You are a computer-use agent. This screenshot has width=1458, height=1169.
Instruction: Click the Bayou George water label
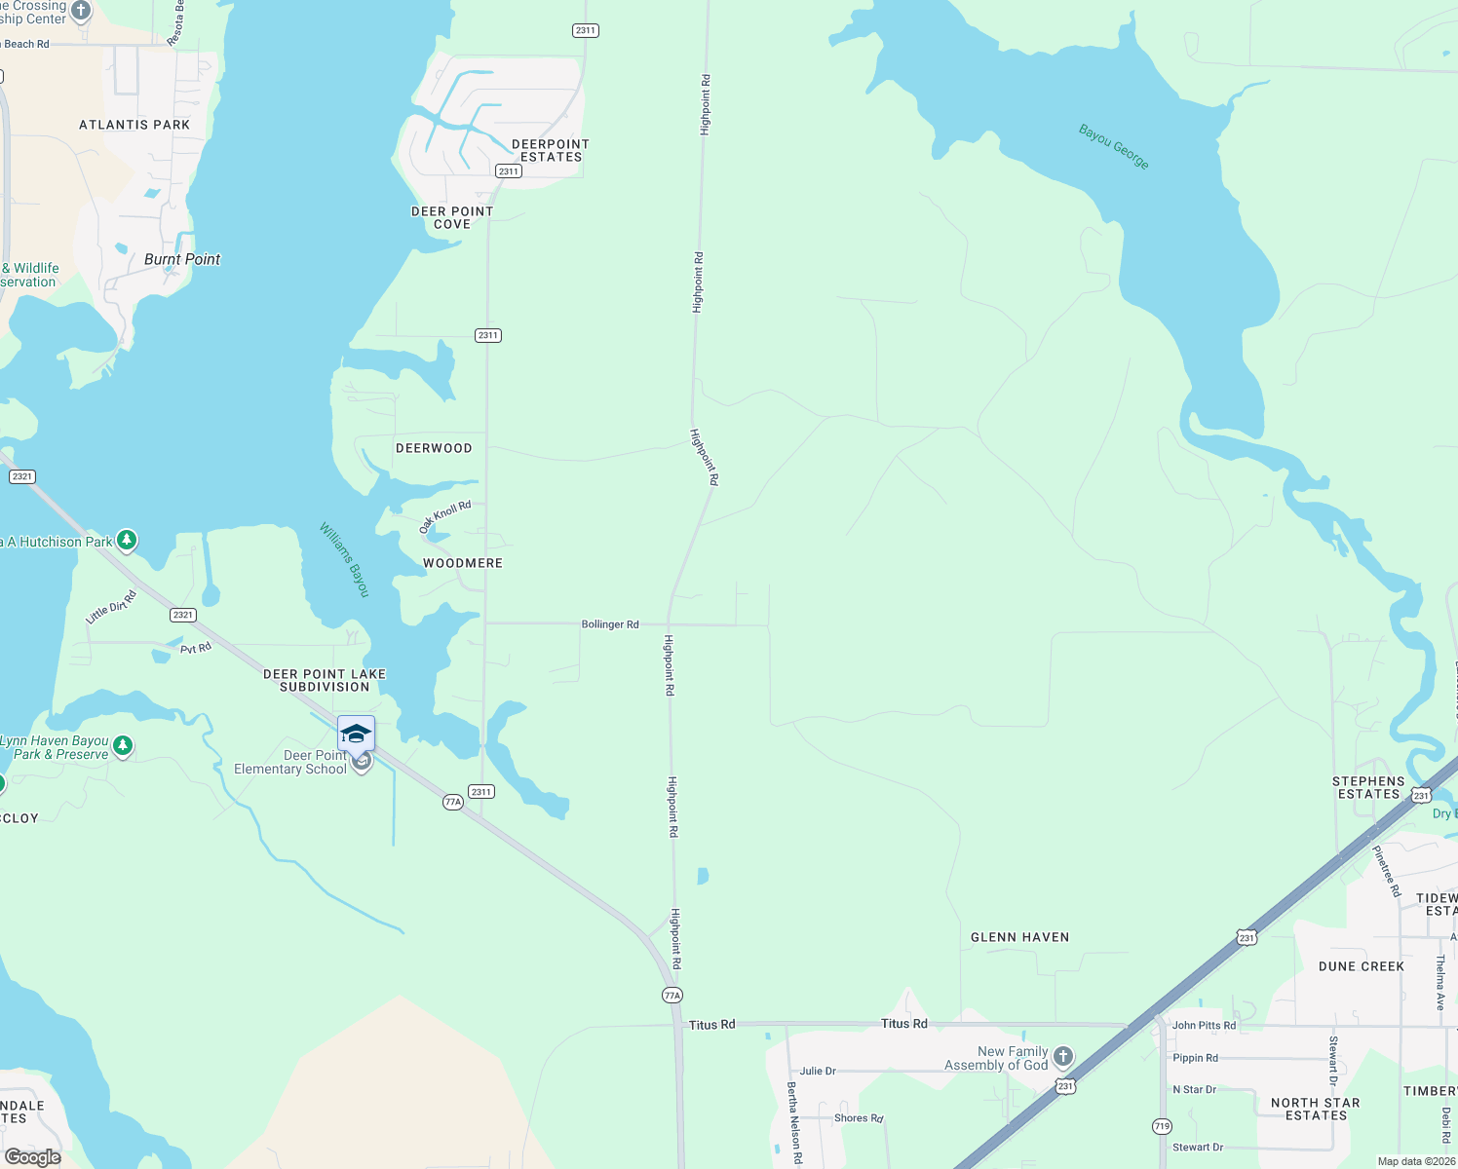click(x=1114, y=146)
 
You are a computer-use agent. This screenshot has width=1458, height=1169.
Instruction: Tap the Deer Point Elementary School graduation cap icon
click(x=356, y=734)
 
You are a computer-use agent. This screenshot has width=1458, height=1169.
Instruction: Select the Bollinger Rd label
click(x=610, y=624)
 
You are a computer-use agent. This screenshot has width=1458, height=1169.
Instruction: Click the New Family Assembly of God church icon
click(x=1063, y=1056)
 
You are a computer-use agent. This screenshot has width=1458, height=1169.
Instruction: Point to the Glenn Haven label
click(x=1019, y=937)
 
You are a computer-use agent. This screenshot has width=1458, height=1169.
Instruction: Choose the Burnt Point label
click(x=182, y=259)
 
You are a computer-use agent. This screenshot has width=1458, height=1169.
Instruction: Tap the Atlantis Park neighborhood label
click(x=134, y=125)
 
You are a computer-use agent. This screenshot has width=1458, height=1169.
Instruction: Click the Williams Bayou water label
click(x=345, y=560)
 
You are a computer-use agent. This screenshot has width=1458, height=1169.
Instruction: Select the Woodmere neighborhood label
click(x=463, y=563)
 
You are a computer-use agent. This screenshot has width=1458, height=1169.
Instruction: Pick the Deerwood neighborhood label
click(x=434, y=448)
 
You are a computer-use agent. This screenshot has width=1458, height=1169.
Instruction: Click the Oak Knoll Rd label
click(x=444, y=516)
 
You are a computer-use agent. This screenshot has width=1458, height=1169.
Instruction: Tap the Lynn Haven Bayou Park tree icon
click(x=122, y=747)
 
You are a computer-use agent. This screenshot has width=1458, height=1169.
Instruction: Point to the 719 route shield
click(x=1162, y=1126)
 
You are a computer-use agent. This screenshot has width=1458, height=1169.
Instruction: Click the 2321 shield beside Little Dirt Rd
click(x=183, y=615)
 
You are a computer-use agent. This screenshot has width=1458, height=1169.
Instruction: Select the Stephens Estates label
click(x=1368, y=788)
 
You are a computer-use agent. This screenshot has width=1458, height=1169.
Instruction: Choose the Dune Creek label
click(x=1361, y=966)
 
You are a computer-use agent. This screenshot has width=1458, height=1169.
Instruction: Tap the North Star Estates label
click(x=1315, y=1109)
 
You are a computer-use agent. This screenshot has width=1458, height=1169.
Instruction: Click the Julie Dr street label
click(x=818, y=1071)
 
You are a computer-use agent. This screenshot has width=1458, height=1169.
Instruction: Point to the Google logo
click(x=33, y=1157)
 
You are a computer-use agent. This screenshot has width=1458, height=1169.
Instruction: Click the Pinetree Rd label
click(x=1386, y=871)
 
